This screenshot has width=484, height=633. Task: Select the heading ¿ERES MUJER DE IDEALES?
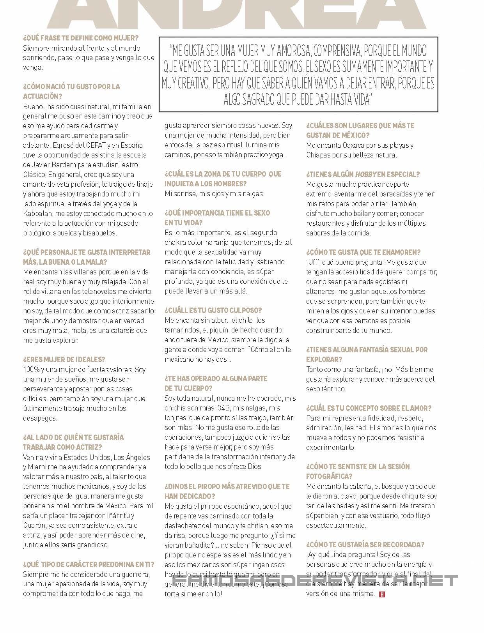64,359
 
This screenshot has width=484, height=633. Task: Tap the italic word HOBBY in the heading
365,174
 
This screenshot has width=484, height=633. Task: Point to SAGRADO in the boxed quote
257,100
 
